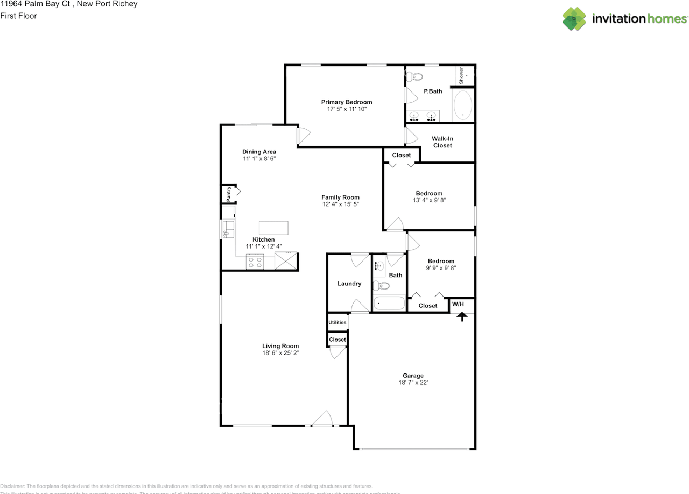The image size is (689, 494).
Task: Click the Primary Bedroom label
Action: (347, 102)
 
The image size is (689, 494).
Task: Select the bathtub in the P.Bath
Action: (462, 105)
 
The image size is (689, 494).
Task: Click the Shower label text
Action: (461, 75)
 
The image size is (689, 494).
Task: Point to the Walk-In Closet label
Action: (442, 142)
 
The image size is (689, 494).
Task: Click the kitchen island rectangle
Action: (273, 228)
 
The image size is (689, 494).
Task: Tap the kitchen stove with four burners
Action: (255, 263)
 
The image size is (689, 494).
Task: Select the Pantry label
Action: (229, 194)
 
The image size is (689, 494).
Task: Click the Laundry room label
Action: (349, 284)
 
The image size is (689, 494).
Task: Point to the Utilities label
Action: (338, 322)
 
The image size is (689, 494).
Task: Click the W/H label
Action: (458, 304)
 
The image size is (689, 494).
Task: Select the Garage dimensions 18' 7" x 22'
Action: (413, 383)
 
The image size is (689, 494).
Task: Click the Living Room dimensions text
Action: (280, 353)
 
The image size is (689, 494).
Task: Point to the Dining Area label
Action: (259, 152)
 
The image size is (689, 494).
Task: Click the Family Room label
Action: (340, 197)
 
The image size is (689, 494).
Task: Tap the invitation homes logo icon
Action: (574, 19)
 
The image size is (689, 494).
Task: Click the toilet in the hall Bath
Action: (381, 285)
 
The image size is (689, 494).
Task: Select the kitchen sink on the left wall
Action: (228, 229)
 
